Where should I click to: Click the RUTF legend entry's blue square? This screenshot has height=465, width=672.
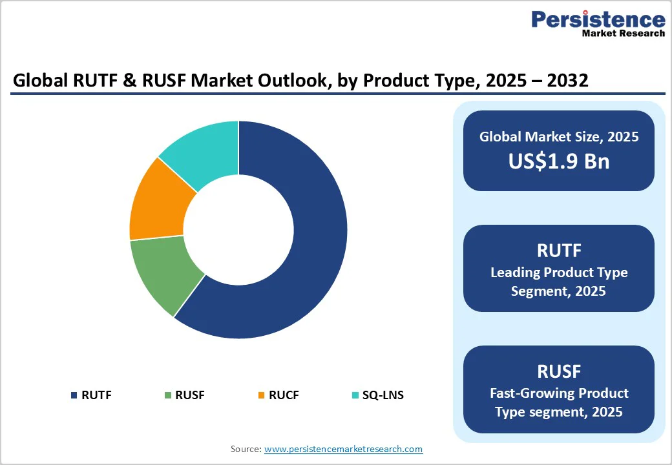point(74,395)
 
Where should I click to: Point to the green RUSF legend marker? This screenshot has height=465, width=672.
point(168,395)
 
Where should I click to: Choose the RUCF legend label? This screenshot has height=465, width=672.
point(284,395)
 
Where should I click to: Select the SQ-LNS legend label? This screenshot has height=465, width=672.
point(383,395)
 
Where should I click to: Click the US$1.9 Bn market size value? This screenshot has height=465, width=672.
point(558,161)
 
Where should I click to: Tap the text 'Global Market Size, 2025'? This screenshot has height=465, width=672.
point(558,136)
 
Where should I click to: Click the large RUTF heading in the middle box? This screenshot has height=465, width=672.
point(558,250)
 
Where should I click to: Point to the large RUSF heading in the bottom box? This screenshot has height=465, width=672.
point(558,371)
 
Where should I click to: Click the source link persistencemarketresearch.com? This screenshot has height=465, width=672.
point(343,449)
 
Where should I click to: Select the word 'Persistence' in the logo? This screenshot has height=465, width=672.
point(598,19)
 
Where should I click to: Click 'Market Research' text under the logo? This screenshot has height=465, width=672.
point(623,33)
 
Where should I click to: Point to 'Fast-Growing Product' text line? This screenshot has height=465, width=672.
point(558,393)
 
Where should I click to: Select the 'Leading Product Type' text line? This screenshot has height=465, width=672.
point(558,273)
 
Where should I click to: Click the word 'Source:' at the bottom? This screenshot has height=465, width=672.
point(246,449)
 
